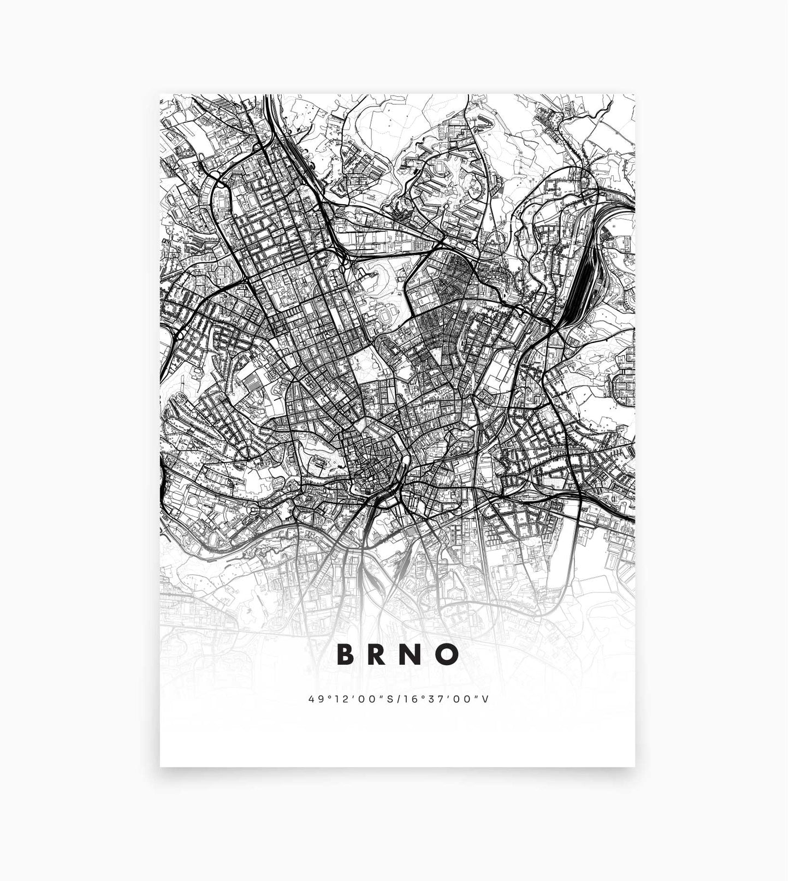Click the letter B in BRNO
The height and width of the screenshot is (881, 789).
(346, 654)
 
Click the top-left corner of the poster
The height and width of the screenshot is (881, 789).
(160, 94)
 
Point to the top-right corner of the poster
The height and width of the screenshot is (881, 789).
(635, 94)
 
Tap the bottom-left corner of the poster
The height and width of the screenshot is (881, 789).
(160, 766)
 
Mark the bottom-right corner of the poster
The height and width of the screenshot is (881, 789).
(635, 766)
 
